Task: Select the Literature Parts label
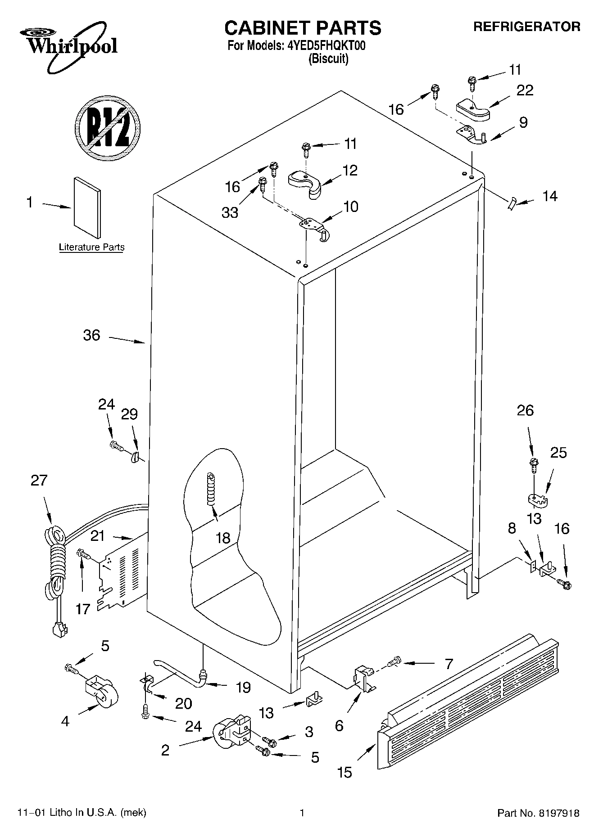92,247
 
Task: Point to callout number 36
91,335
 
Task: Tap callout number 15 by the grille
345,773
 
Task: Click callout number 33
230,212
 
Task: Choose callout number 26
525,410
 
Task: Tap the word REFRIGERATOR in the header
526,27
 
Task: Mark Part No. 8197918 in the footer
538,813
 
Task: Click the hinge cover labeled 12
305,182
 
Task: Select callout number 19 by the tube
243,687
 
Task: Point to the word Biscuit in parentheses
328,59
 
